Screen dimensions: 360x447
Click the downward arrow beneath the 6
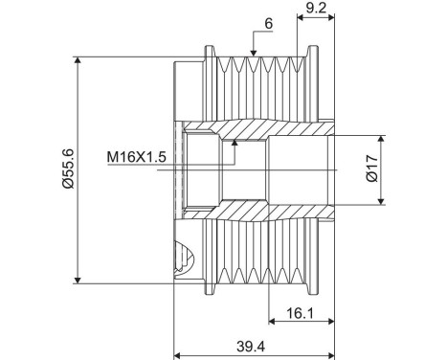255,51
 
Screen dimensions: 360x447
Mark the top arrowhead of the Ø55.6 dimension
78,60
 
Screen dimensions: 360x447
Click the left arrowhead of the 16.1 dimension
272,321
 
